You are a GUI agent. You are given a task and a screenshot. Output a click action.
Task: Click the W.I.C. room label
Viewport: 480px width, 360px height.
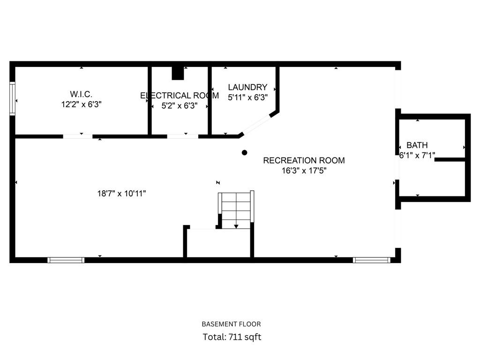coord(81,94)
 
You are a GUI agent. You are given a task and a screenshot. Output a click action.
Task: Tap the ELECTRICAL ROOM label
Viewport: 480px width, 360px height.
coord(180,96)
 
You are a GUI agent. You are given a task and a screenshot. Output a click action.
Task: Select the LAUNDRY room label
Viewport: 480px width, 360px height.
coord(247,87)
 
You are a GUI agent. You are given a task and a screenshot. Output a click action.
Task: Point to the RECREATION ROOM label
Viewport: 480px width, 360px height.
coord(304,160)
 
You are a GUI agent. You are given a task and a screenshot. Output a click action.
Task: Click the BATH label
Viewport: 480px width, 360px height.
coord(417,145)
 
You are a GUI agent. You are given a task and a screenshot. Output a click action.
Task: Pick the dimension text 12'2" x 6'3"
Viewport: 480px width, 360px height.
coord(81,105)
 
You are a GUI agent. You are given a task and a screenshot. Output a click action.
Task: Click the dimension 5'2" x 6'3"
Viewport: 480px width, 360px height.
coord(180,106)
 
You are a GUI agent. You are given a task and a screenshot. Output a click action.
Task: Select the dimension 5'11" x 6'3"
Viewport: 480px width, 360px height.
coord(247,97)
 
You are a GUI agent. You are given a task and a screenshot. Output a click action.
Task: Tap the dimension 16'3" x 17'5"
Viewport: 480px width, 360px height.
coord(304,171)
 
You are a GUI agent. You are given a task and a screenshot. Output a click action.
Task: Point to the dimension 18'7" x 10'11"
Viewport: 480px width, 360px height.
coord(121,194)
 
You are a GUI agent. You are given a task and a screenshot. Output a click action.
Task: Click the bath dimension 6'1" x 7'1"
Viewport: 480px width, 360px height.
coord(417,155)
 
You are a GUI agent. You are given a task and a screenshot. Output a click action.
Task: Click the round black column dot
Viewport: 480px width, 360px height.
coord(244,152)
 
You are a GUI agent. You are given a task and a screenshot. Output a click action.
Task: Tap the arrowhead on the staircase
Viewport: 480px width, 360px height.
coord(236,226)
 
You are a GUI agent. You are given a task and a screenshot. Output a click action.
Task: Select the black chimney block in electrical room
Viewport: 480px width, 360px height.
coord(178,73)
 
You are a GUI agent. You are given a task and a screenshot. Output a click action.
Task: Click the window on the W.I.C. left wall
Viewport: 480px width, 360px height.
coord(12,98)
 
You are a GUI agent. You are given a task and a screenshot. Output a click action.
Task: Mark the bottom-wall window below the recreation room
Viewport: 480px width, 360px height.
coord(371,260)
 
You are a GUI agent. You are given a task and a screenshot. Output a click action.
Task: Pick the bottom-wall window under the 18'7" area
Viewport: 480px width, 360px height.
coord(66,260)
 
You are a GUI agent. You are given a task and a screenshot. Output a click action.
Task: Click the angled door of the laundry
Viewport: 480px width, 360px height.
coord(257,124)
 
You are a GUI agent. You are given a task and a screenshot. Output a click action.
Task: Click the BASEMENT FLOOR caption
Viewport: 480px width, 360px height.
coord(232,324)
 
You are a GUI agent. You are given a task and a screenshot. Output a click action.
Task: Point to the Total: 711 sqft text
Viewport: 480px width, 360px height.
coord(232,337)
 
